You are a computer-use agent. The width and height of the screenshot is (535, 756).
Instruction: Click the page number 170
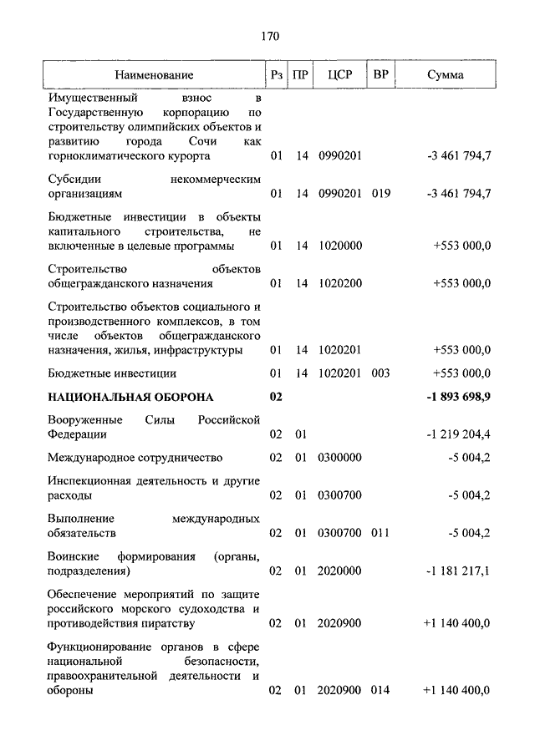coord(268,36)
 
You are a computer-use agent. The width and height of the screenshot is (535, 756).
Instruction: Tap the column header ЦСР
coord(339,75)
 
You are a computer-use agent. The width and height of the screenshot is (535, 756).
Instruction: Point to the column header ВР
coord(380,75)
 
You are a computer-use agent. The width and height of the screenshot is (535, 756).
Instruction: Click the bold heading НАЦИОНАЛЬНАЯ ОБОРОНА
coord(130,397)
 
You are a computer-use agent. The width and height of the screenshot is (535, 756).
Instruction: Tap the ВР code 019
coord(380,194)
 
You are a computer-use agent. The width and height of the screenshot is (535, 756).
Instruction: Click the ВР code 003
coord(380,373)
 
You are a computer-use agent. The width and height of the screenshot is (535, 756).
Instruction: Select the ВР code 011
coord(380,533)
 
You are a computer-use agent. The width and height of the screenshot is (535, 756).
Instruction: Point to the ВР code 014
coord(380,691)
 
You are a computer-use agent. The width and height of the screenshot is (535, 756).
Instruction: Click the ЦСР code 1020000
coord(339,246)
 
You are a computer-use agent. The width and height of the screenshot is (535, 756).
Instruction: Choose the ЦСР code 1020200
coord(339,284)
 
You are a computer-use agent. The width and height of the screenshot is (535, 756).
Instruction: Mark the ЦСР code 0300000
coord(339,458)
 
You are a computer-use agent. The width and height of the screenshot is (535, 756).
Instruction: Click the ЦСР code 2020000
coord(339,571)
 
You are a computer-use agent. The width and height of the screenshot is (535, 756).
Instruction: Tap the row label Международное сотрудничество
coord(135,458)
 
